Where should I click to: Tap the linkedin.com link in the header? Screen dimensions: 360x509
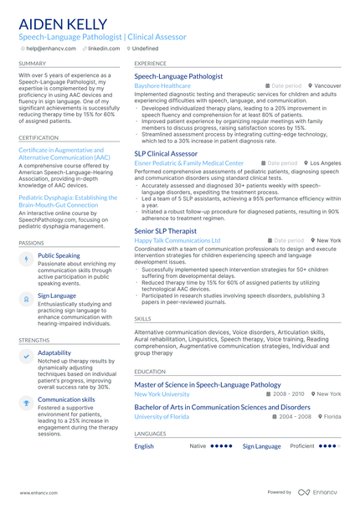pos(104,49)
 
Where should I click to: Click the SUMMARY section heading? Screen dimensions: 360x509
pos(33,64)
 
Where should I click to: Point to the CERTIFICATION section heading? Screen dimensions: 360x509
pos(39,137)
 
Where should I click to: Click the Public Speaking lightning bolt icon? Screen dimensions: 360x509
pos(26,259)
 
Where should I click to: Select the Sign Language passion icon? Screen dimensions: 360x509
pos(26,298)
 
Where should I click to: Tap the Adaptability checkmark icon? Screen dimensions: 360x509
pos(26,356)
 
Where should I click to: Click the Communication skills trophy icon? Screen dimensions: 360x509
pos(26,402)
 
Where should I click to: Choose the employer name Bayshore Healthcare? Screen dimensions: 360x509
pos(162,85)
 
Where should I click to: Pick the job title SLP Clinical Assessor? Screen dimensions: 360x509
pos(166,154)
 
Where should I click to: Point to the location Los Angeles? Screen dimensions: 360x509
pos(326,163)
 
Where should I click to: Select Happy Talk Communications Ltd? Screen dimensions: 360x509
pos(177,240)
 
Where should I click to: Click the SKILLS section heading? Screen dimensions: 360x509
pos(143,319)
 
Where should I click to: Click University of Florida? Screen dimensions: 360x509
pos(162,416)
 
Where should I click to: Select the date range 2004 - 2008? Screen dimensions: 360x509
pos(295,416)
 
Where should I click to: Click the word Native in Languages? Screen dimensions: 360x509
pos(198,446)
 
